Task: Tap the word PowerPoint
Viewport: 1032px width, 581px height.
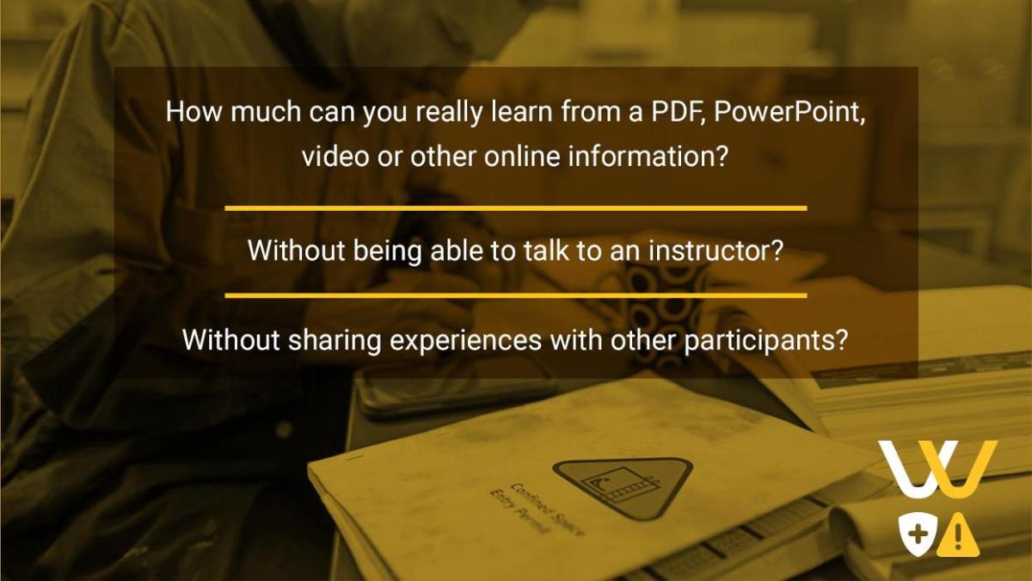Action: pos(789,113)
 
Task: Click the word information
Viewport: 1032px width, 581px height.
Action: pos(648,156)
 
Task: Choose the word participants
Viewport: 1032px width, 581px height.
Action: pos(765,341)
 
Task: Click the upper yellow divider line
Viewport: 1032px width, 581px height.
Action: pos(516,208)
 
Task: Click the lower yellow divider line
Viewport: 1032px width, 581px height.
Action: pos(516,295)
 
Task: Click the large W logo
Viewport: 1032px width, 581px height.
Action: pos(938,469)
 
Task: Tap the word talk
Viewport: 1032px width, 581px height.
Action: pos(546,250)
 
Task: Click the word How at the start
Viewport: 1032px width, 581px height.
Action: pos(193,111)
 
